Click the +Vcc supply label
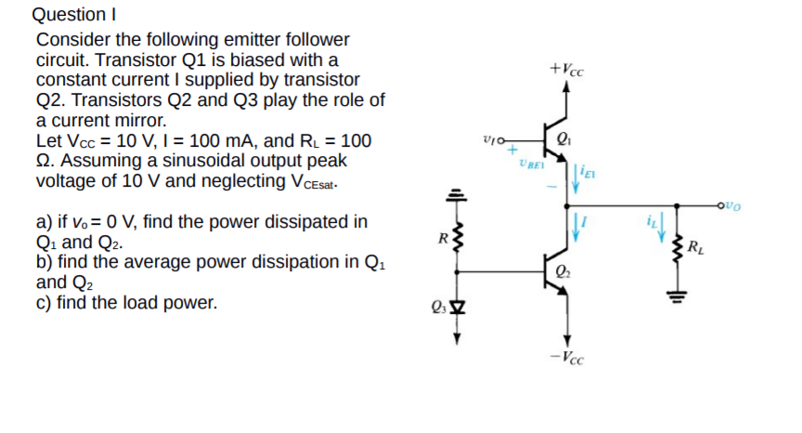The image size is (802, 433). click(x=567, y=70)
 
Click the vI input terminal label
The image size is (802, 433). click(x=492, y=140)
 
